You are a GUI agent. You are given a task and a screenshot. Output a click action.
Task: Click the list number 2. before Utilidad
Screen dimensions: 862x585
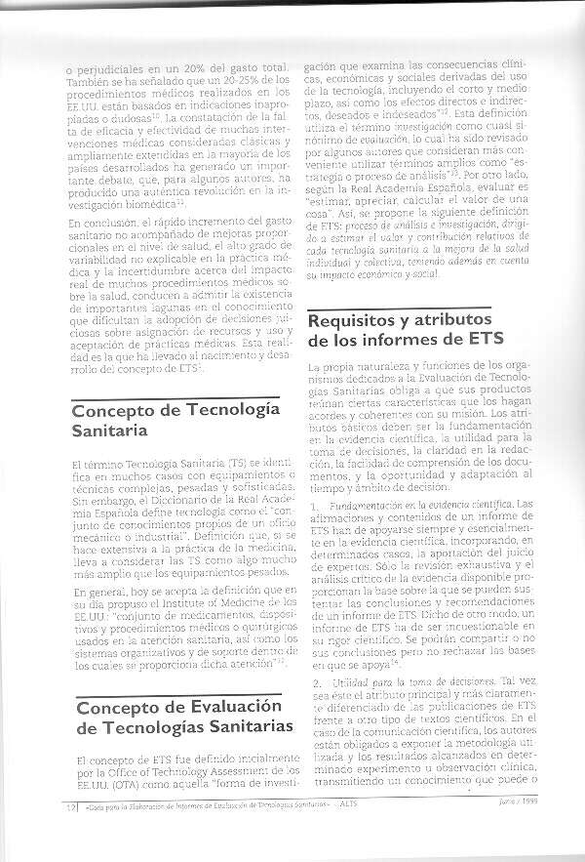311,681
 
